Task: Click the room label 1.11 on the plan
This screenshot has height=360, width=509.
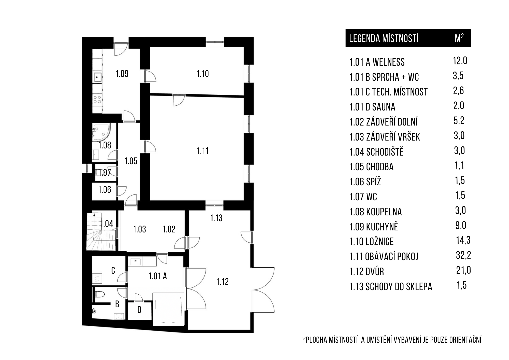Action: click(x=203, y=151)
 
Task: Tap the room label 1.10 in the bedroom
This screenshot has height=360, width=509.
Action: click(x=203, y=74)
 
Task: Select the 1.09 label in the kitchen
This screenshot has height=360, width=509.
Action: click(x=122, y=74)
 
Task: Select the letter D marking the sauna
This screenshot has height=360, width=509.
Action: click(x=139, y=310)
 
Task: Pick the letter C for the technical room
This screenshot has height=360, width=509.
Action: click(x=113, y=270)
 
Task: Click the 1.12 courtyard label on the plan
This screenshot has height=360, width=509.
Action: click(x=222, y=282)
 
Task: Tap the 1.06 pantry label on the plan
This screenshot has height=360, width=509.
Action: click(x=105, y=190)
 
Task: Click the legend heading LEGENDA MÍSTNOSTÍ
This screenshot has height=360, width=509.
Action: click(x=384, y=38)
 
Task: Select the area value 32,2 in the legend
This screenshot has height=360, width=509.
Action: click(x=463, y=255)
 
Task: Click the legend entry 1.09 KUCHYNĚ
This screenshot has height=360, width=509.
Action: click(x=374, y=227)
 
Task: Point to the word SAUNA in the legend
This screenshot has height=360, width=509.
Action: click(x=384, y=107)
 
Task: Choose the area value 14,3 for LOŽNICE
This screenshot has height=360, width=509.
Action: click(x=463, y=240)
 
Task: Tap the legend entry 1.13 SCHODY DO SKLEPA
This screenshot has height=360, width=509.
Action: click(x=391, y=287)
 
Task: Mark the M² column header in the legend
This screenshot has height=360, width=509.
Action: click(x=459, y=38)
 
